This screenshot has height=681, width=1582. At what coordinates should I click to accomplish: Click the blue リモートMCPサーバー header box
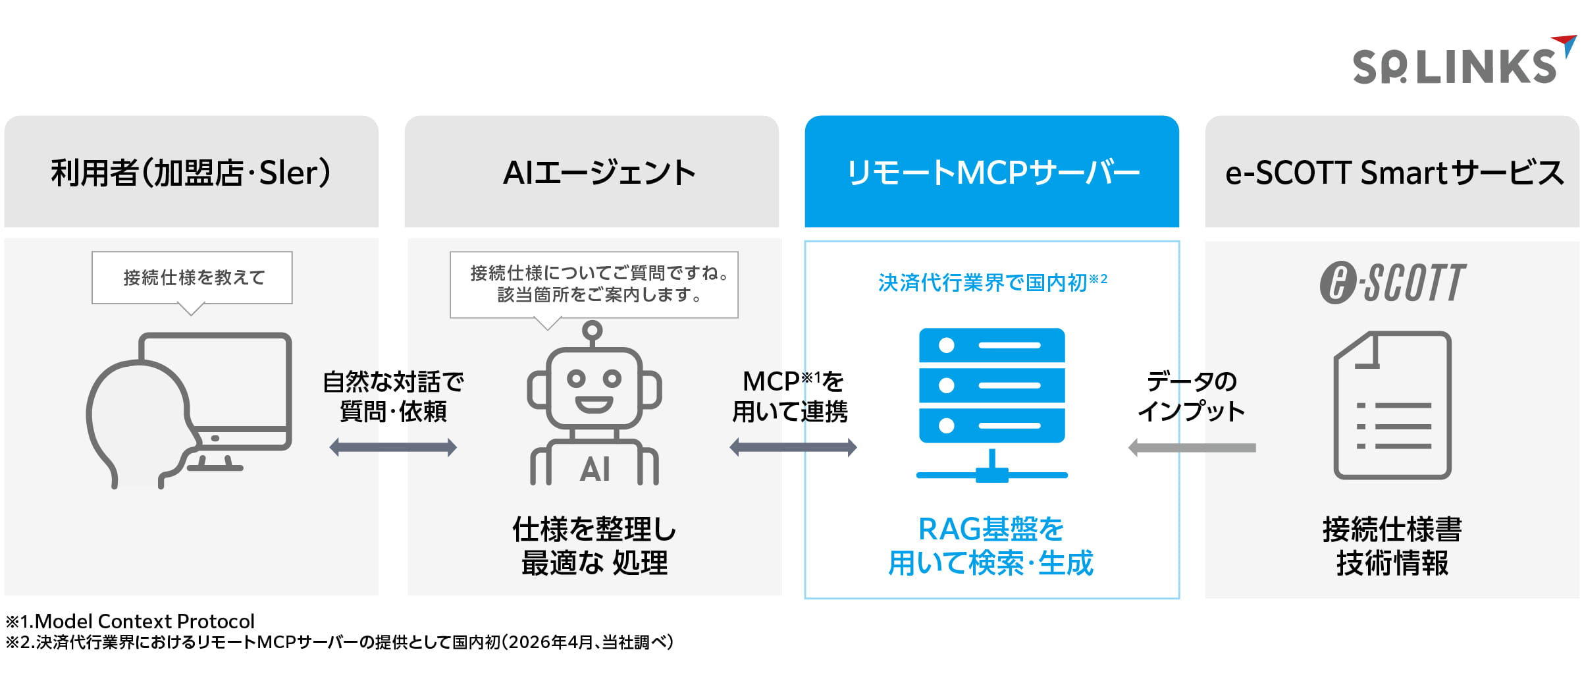[991, 172]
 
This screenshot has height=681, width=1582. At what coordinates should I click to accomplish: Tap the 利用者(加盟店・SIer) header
[191, 172]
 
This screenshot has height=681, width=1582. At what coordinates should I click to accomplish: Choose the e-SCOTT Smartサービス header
[1392, 172]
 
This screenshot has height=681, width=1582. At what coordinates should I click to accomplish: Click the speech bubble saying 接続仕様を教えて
[192, 278]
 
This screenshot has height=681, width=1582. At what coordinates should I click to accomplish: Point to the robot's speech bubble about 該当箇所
[594, 285]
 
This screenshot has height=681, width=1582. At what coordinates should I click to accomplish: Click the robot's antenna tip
[593, 329]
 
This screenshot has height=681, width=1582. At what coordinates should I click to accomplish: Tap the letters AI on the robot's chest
[594, 470]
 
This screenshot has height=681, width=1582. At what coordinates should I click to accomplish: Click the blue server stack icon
[991, 385]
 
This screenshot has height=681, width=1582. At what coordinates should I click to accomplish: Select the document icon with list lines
[1392, 405]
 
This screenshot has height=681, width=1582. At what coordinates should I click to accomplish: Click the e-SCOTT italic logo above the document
[1392, 283]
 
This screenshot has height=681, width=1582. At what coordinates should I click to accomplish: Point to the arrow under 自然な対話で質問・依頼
[393, 448]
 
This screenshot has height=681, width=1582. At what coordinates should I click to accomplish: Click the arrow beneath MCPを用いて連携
[793, 448]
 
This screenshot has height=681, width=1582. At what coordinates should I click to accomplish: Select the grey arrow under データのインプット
[1192, 448]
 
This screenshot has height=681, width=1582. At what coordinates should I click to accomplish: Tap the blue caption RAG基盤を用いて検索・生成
[991, 546]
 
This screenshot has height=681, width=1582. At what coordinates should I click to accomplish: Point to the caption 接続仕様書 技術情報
[1392, 546]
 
